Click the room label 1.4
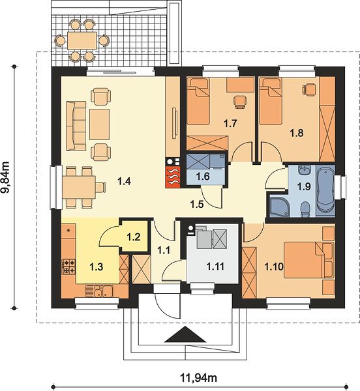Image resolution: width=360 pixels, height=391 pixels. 125,181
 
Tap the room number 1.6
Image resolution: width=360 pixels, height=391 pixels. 203,177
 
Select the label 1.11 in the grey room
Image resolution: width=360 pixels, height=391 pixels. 216,267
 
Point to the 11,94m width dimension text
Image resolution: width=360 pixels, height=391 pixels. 198,378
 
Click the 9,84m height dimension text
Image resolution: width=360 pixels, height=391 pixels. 5,177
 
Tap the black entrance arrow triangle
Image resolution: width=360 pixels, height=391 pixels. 185,334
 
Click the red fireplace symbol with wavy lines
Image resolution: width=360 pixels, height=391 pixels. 172,177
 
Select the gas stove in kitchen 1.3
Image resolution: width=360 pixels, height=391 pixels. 68,267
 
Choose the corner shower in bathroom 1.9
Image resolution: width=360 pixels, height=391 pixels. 280,207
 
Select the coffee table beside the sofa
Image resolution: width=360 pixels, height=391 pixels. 99,124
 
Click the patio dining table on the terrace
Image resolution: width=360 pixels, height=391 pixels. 82,40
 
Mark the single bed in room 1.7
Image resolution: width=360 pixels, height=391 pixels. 198,101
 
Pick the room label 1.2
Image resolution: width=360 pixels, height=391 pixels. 134,237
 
